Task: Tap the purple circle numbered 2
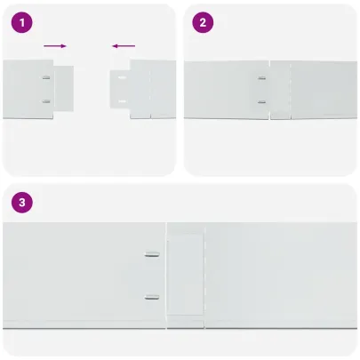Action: coord(204,24)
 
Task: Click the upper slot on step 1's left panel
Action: coord(46,78)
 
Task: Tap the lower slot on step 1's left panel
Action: coord(46,100)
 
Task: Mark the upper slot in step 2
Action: coord(261,78)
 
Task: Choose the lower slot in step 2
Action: coord(261,100)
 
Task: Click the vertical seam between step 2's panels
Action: coord(270,89)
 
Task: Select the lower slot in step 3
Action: coord(152,296)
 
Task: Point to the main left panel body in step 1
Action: coord(22,89)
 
